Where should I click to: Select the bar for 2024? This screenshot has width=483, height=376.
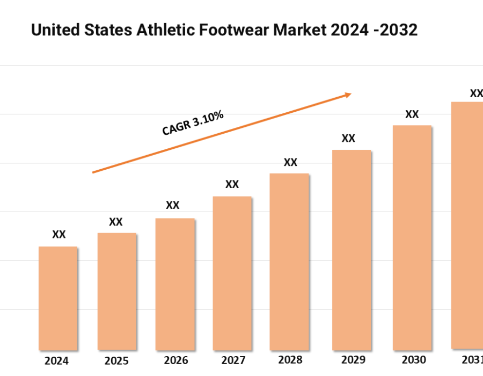click(58, 298)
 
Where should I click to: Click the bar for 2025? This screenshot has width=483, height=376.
click(116, 291)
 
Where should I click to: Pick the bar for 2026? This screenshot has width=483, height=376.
click(175, 284)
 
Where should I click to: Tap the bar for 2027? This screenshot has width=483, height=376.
click(232, 273)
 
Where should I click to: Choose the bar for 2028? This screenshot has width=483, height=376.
click(289, 262)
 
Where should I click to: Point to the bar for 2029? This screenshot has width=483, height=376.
click(352, 250)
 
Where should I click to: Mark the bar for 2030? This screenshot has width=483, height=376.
click(412, 237)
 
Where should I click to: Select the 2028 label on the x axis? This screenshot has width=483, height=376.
click(290, 360)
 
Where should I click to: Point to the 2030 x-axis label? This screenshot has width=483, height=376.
click(413, 360)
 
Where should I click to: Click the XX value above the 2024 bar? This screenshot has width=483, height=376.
click(59, 235)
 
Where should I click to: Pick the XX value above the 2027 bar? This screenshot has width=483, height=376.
click(232, 185)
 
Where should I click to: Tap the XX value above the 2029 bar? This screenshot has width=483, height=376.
click(348, 139)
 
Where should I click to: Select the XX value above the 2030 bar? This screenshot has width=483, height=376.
click(412, 114)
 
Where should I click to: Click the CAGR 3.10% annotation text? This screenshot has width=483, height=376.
click(193, 123)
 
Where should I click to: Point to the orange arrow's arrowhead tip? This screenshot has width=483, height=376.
click(351, 94)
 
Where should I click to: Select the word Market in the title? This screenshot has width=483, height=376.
click(298, 30)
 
